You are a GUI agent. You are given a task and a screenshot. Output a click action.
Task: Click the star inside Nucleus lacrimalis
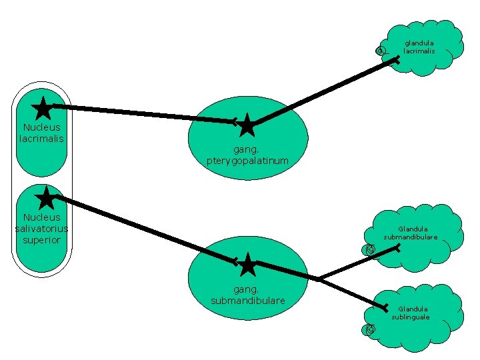[42, 107]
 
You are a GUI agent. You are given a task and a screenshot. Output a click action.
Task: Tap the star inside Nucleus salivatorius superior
[46, 198]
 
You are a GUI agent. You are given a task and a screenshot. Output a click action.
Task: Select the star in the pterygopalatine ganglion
[247, 125]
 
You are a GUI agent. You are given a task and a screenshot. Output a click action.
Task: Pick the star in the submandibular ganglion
[247, 264]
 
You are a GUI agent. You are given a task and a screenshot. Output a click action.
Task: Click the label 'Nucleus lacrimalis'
[41, 133]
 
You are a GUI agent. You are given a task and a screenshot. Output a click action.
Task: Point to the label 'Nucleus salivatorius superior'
[41, 228]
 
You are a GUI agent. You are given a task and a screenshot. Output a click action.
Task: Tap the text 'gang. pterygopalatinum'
[247, 156]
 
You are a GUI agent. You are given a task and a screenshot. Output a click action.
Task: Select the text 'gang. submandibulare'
[247, 295]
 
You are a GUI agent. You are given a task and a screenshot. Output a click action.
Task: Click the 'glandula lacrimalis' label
[419, 47]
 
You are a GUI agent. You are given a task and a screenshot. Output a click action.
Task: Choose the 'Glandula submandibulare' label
[411, 233]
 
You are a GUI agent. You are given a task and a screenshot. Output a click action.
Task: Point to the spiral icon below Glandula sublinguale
[370, 329]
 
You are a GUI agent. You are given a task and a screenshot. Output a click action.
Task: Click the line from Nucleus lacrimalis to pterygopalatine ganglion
[140, 113]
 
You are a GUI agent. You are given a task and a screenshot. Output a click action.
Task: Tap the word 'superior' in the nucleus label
[41, 239]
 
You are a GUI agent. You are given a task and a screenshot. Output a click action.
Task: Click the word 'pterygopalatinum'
[247, 161]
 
